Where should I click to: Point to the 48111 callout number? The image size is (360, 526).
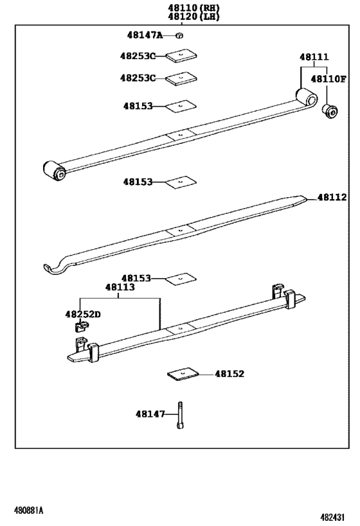[314, 57]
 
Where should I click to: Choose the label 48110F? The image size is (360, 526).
[328, 79]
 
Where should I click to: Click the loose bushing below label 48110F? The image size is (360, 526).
[330, 110]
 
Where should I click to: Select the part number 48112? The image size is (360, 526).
[332, 197]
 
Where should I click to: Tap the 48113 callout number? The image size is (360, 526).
[120, 288]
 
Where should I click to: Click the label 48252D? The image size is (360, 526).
[82, 314]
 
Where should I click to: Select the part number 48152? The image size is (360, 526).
[230, 373]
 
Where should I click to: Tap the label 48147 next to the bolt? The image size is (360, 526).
[150, 414]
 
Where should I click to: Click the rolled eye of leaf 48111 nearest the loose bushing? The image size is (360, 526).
[306, 99]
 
